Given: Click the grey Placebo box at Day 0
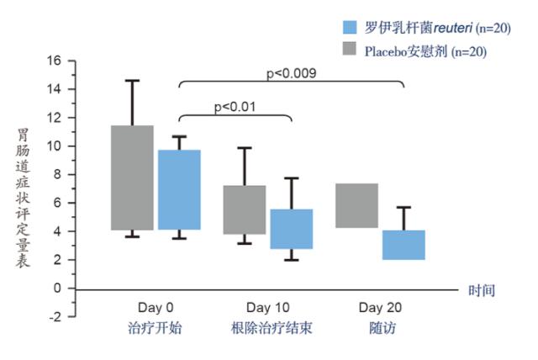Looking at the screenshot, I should pos(133,177).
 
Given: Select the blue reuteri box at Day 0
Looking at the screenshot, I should pos(179,190).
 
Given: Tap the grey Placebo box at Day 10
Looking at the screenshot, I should pos(245,209).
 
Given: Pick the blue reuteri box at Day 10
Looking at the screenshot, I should pos(291,229).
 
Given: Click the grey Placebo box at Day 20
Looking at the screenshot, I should pos(356,205).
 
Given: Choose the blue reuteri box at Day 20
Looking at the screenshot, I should pos(403,245).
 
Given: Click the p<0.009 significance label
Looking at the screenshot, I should pos(291,74).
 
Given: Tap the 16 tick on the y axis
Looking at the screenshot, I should pos(55,61).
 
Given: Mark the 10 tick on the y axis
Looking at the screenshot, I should pos(55,146).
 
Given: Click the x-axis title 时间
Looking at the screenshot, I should pos(482,290).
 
